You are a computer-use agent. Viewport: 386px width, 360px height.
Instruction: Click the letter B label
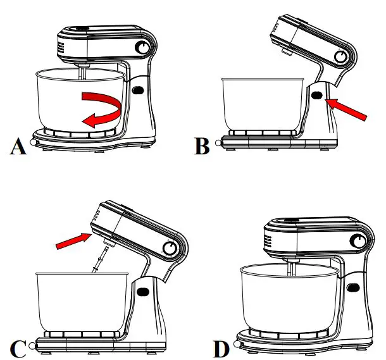point(202,147)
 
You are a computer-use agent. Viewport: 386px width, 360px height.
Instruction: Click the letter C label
point(18,347)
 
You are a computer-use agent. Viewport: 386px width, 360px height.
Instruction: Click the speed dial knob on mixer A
point(144,49)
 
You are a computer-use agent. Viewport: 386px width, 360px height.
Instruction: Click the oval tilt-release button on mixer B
point(316,96)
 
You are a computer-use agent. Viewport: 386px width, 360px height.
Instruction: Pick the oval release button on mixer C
point(142,293)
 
